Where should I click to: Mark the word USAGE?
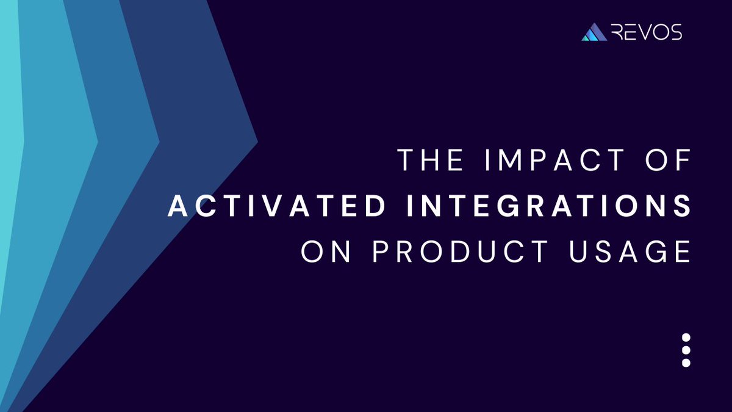pos(633,251)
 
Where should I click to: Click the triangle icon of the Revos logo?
pos(594,33)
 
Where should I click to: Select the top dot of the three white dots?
pos(686,338)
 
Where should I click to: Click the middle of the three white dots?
pos(686,350)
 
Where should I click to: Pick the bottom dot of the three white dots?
pos(686,363)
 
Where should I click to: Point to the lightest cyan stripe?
pos(10,153)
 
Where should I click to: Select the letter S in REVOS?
pos(675,32)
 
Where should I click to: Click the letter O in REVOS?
pos(660,32)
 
